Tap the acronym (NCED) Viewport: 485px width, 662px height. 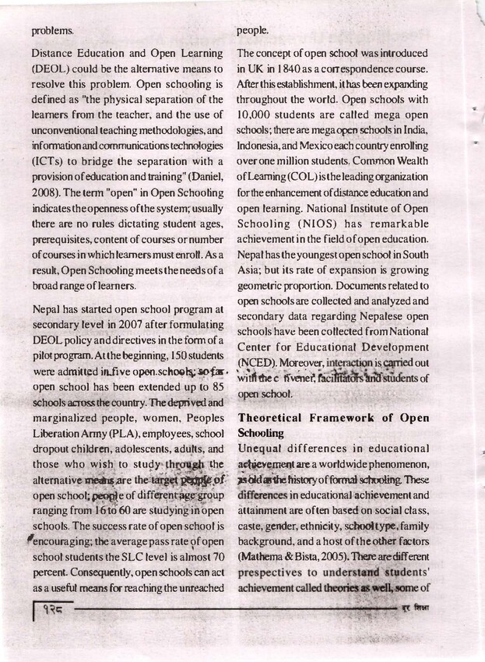(x=257, y=363)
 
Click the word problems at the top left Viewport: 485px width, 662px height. (x=53, y=32)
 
